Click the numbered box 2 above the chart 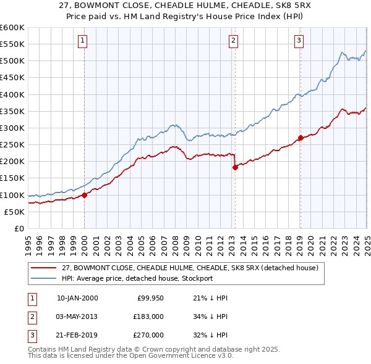pos(234,41)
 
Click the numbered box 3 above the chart pos(299,41)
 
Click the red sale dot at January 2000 pos(85,195)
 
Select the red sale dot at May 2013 pos(235,167)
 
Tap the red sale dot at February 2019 pos(301,138)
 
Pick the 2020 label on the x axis pos(310,241)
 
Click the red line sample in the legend pos(45,268)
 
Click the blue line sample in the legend pos(45,278)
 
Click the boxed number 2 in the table pos(32,316)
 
